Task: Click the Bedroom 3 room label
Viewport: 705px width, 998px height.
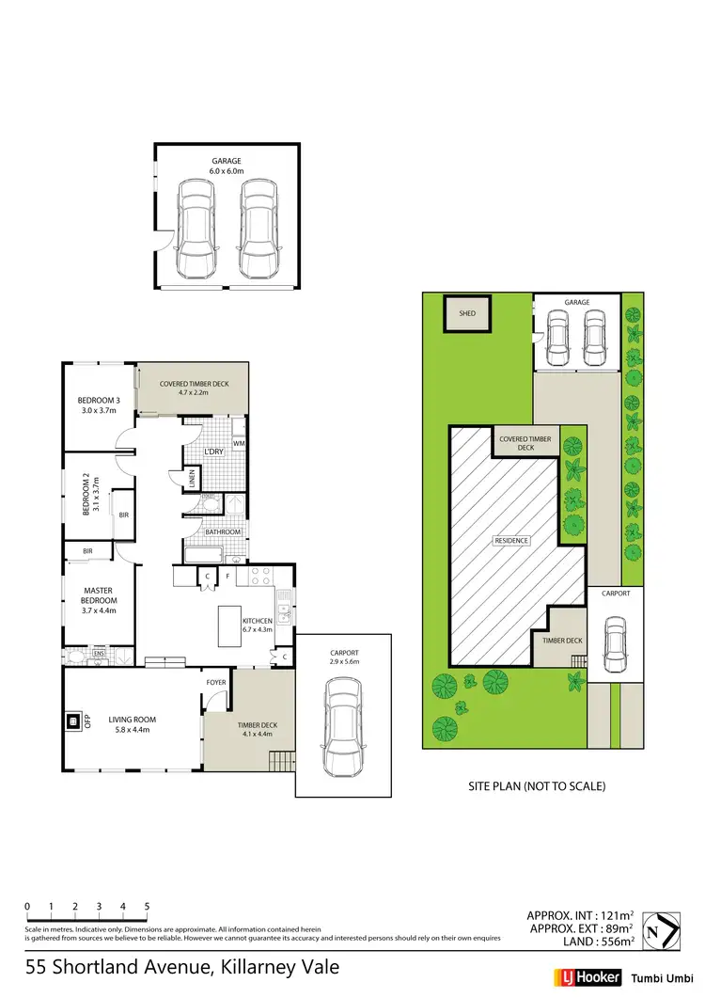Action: tap(98, 400)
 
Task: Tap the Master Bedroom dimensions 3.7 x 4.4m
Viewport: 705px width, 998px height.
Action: tap(98, 610)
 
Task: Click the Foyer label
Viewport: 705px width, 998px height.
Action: tap(216, 683)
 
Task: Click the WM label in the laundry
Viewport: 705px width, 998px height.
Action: tap(239, 443)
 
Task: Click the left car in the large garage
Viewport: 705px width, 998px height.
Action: tap(196, 230)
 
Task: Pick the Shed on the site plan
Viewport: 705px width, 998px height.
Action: tap(466, 315)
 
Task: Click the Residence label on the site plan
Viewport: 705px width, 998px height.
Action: tap(512, 541)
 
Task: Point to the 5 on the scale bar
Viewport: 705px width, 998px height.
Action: tap(147, 906)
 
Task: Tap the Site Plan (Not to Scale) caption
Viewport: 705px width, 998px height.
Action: tap(537, 785)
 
